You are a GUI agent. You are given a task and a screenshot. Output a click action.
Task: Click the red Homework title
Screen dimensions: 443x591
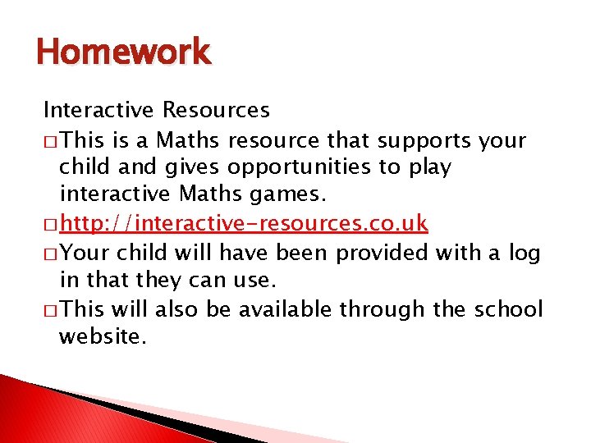(x=123, y=53)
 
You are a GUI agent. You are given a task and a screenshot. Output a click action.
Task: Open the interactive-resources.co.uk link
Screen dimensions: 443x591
(x=244, y=223)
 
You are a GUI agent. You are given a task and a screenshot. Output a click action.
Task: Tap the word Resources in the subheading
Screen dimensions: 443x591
(x=216, y=109)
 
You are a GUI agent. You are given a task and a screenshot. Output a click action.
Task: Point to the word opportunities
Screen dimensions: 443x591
(x=300, y=167)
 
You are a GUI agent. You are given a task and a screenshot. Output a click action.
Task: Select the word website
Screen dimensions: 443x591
(x=103, y=336)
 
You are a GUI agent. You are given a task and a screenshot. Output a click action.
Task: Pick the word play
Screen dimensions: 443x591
(x=429, y=167)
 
